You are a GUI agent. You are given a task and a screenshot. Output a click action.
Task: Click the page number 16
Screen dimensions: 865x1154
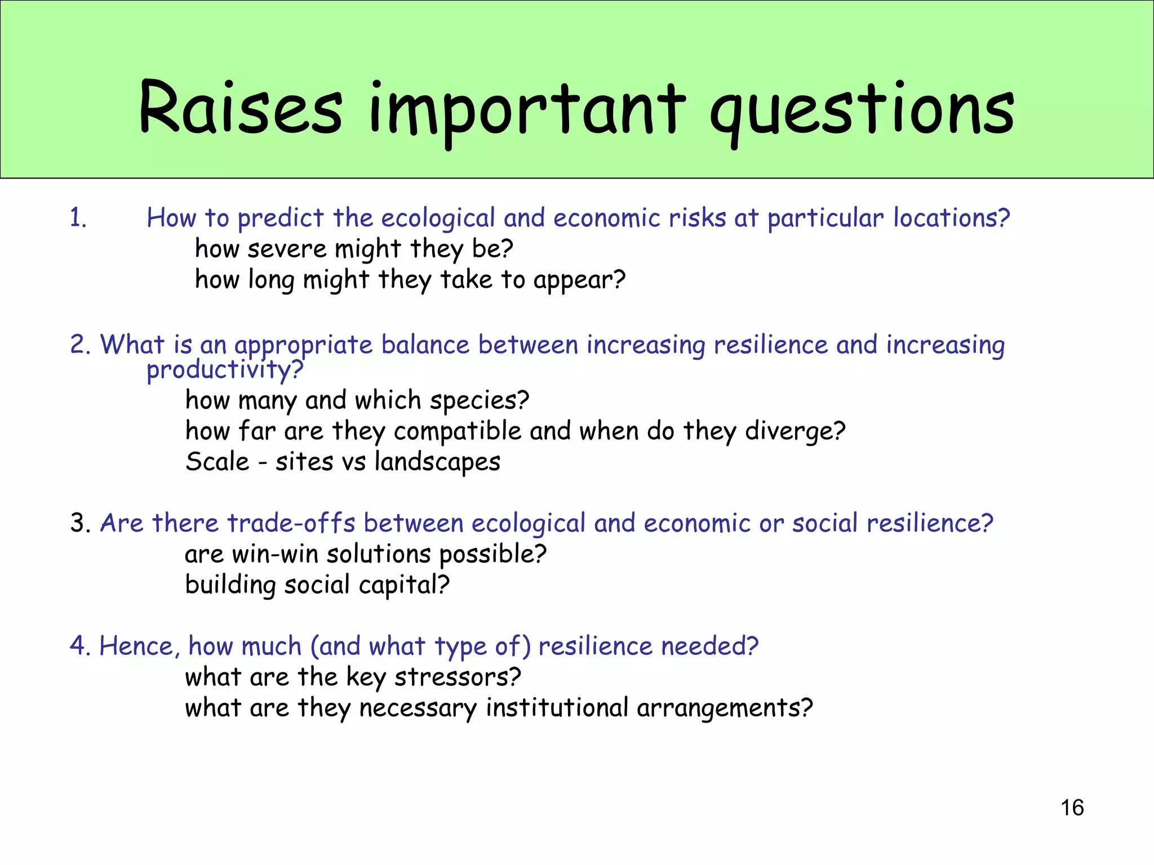point(1072,808)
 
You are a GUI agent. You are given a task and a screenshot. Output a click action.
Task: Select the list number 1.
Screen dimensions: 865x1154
point(78,218)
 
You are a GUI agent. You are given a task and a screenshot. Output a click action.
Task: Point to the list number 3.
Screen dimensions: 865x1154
point(80,523)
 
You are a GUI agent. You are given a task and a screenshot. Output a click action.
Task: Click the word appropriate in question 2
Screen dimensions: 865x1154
point(303,345)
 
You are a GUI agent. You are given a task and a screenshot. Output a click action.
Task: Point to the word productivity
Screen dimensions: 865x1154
point(224,370)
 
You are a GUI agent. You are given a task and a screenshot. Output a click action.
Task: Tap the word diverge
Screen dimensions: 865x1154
point(795,431)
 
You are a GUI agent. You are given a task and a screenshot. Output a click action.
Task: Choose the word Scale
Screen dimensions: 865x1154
point(218,462)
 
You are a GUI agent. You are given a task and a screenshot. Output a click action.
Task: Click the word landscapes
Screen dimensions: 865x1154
point(437,462)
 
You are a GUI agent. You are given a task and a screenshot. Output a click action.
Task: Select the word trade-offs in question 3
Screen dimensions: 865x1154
point(291,523)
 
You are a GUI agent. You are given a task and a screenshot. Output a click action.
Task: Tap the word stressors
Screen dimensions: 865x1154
point(457,677)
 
